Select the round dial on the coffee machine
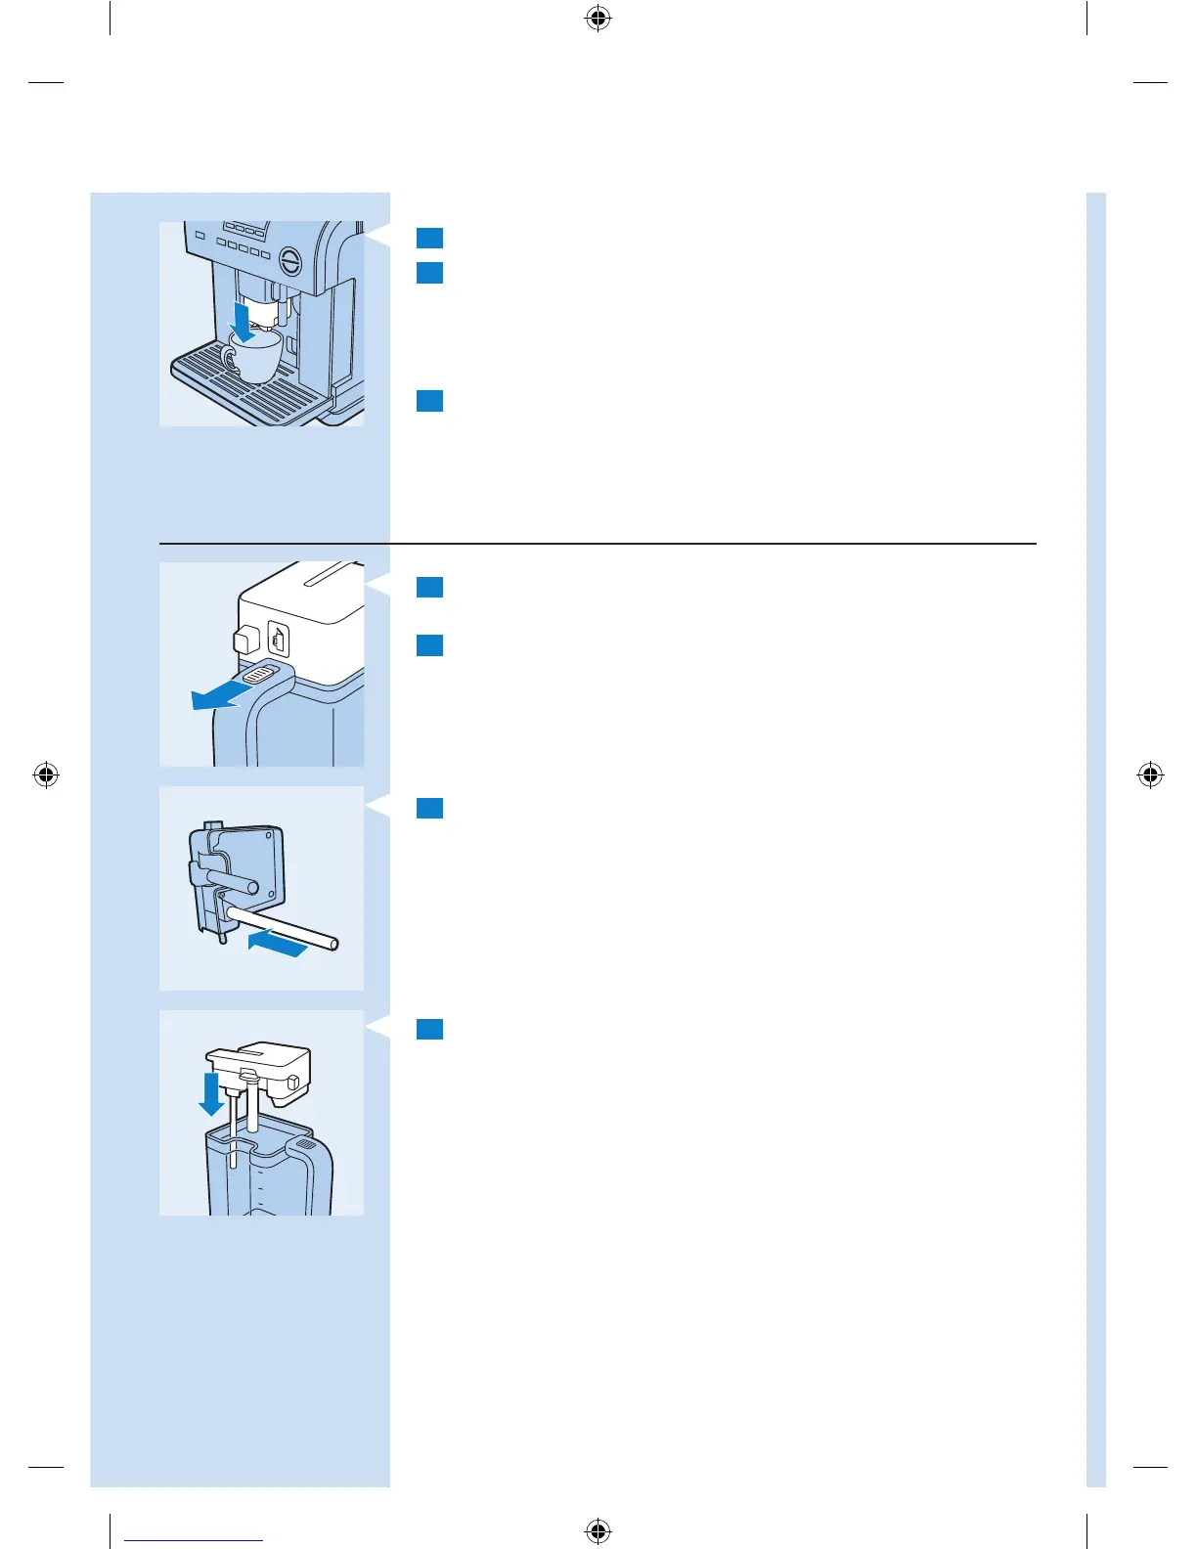[291, 260]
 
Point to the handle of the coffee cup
[229, 359]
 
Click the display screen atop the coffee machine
[244, 228]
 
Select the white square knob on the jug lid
[245, 640]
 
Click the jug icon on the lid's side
[279, 641]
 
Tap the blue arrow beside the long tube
[278, 943]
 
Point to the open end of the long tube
[334, 945]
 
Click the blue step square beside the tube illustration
[429, 809]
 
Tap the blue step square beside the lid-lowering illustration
[429, 1030]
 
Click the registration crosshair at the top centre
[598, 19]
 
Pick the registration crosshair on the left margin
[45, 775]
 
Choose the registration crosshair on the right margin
[1151, 775]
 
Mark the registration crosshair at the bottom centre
[598, 1530]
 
